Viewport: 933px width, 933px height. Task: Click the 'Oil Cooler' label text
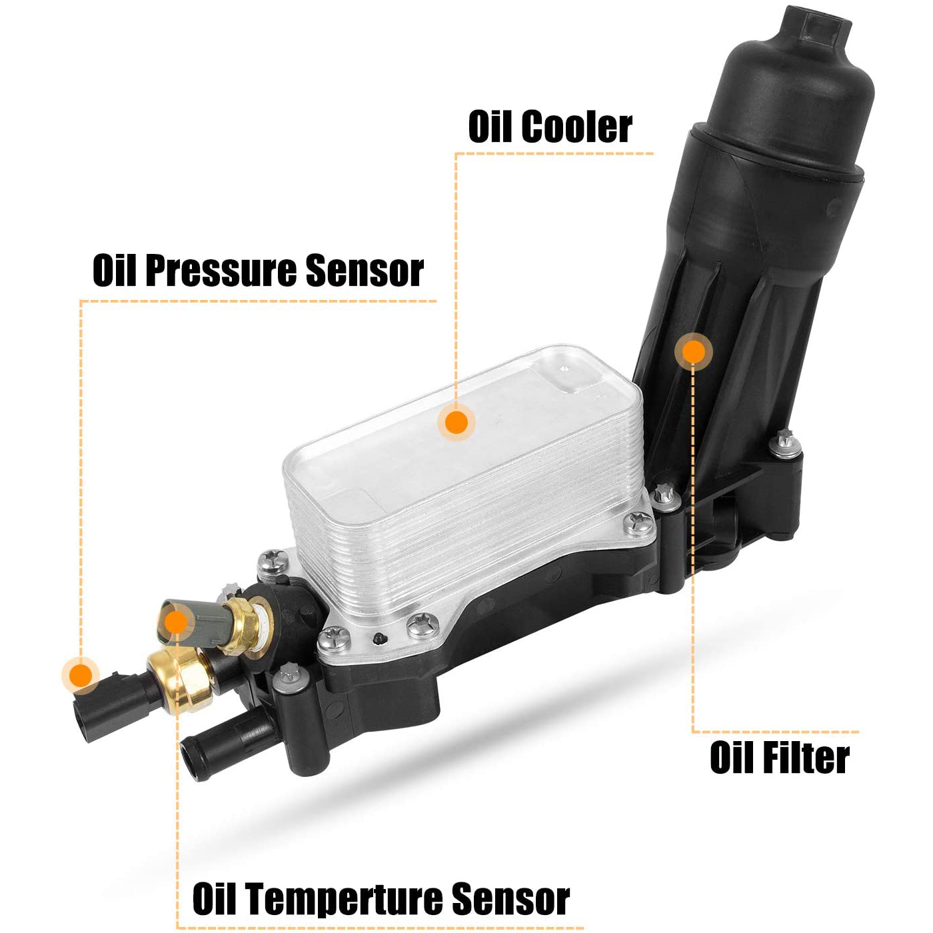point(550,127)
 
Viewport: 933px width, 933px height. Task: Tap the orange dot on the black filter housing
point(693,351)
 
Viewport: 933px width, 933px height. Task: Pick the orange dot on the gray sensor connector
point(175,622)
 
